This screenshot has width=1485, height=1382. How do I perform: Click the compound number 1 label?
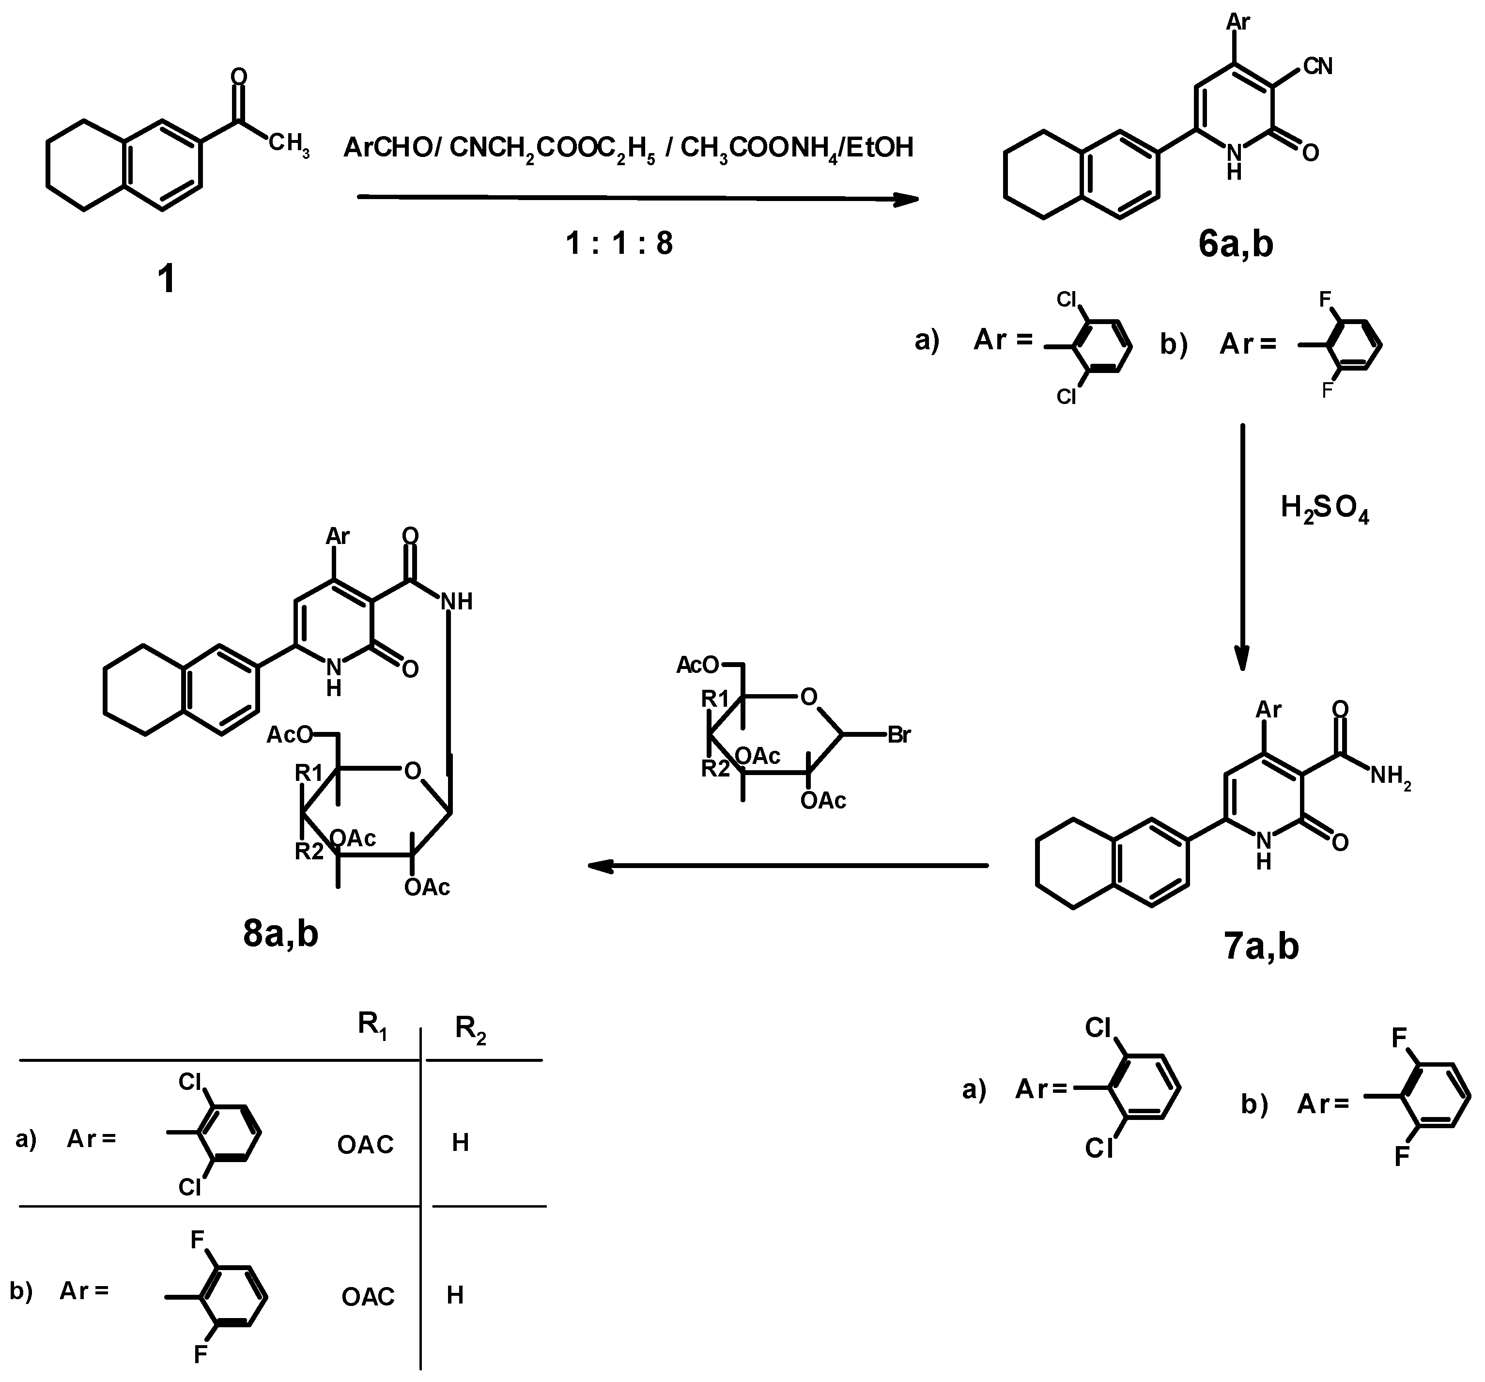tap(166, 280)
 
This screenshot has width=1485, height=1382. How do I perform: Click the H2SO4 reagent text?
tap(1324, 509)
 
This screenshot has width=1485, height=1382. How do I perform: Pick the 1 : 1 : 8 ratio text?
tap(619, 244)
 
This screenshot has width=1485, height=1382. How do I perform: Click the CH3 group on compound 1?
tap(288, 145)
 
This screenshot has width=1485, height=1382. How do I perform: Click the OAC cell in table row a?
tap(365, 1145)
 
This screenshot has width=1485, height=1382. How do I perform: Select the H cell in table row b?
tap(455, 1295)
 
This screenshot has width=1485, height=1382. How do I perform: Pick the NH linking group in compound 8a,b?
tap(456, 601)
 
